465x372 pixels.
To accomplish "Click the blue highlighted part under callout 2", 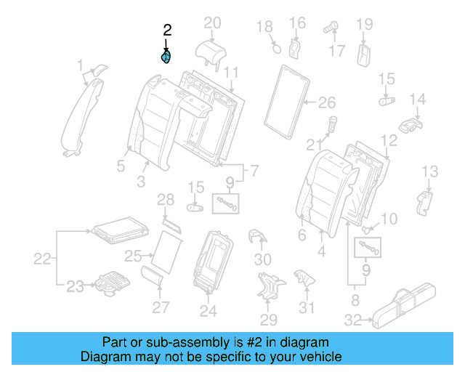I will click(166, 57).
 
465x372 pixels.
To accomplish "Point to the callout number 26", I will click(328, 102).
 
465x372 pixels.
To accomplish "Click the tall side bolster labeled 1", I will click(81, 116).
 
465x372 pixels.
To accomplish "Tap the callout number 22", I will click(44, 258).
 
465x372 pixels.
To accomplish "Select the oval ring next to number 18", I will click(276, 49).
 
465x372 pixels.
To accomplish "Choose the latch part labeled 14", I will click(412, 123).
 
